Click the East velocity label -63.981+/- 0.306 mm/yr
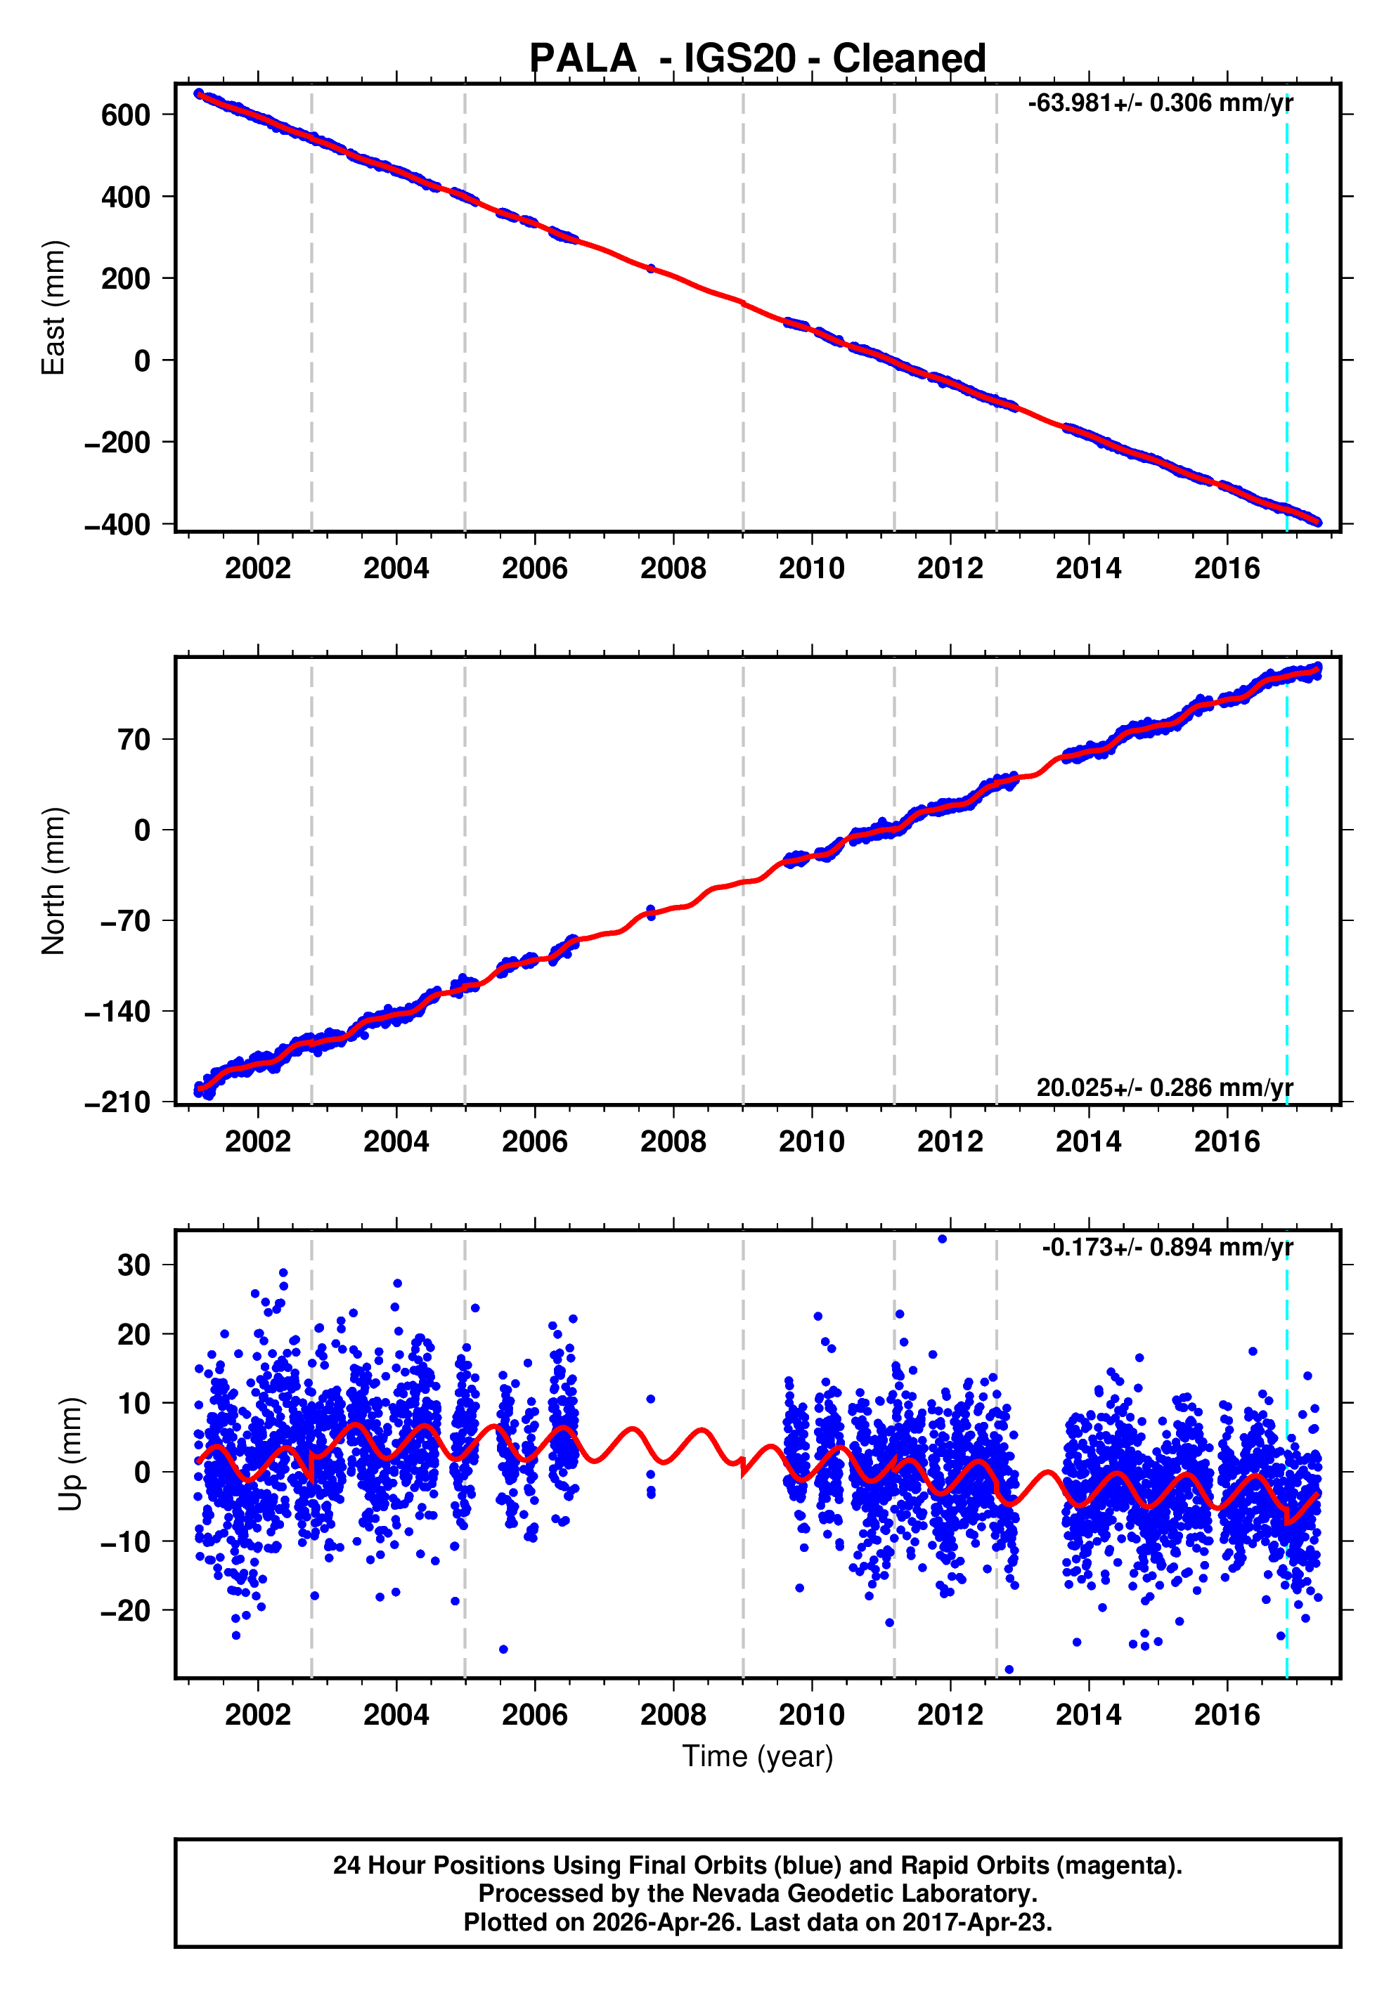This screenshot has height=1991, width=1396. (x=1160, y=103)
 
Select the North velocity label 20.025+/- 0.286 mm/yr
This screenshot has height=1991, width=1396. (x=1164, y=1088)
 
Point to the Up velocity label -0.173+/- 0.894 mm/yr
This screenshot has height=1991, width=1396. (x=1167, y=1247)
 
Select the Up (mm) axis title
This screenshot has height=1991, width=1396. (x=71, y=1454)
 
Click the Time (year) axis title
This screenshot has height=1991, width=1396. (x=758, y=1756)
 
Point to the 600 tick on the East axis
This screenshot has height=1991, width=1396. (x=125, y=115)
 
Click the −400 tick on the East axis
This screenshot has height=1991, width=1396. (x=117, y=524)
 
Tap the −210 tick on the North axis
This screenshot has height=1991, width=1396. (x=117, y=1102)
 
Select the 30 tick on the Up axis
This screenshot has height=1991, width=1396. (x=134, y=1265)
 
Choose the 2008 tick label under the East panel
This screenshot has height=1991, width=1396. (x=673, y=569)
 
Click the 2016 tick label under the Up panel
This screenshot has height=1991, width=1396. (x=1227, y=1715)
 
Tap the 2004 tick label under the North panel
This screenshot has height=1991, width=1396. (x=396, y=1142)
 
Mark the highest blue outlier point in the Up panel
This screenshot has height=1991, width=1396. (x=942, y=1239)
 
